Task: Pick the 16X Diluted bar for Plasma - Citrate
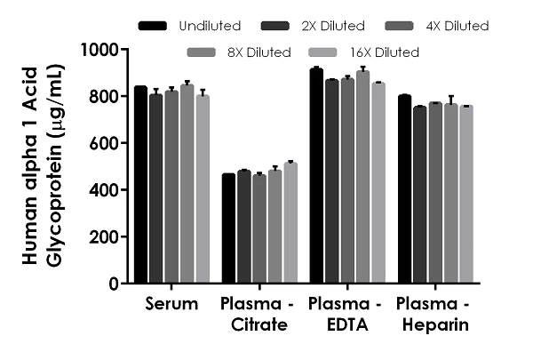coord(290,223)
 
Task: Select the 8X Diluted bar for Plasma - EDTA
coord(362,178)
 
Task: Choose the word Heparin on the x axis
coord(434,325)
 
